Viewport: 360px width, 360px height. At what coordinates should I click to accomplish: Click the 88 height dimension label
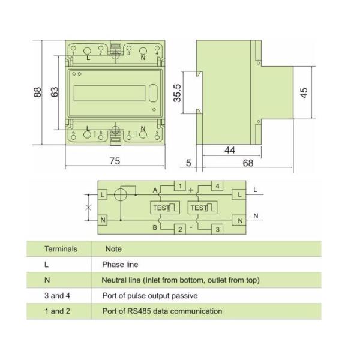click(38, 92)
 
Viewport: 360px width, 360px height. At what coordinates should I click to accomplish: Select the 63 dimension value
click(55, 92)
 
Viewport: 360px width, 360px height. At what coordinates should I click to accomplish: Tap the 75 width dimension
click(115, 161)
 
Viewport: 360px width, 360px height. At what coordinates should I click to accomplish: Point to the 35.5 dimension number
click(177, 93)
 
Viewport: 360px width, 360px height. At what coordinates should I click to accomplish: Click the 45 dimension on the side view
click(304, 93)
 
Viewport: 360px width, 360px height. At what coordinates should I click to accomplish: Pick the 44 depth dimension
click(230, 150)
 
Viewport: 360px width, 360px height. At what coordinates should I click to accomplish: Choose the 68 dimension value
click(248, 163)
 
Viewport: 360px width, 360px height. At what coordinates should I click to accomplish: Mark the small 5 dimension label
click(188, 163)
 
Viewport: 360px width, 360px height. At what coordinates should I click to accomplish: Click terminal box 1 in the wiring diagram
click(180, 186)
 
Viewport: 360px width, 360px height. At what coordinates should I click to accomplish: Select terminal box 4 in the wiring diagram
click(217, 186)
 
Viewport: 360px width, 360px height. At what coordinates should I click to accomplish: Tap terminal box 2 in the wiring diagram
click(180, 229)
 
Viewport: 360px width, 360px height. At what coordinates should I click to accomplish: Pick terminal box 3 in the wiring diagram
click(217, 229)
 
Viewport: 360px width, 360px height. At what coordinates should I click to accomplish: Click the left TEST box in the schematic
click(165, 208)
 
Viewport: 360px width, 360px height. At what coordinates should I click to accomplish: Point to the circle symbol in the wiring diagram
click(121, 194)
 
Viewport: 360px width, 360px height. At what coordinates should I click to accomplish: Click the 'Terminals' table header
click(61, 249)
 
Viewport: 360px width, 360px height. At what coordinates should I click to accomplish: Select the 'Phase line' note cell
click(120, 265)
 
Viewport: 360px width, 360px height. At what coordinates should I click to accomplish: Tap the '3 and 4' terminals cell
click(57, 295)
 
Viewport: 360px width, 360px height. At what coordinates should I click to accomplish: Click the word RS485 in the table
click(139, 311)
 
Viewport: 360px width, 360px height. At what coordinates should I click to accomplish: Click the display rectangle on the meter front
click(110, 93)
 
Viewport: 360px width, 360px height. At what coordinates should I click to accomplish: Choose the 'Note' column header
click(113, 249)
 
